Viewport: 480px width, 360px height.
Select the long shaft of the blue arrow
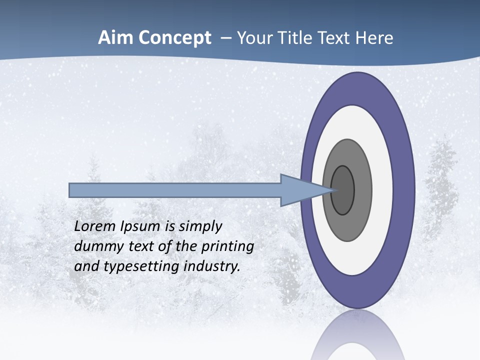[175, 190]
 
